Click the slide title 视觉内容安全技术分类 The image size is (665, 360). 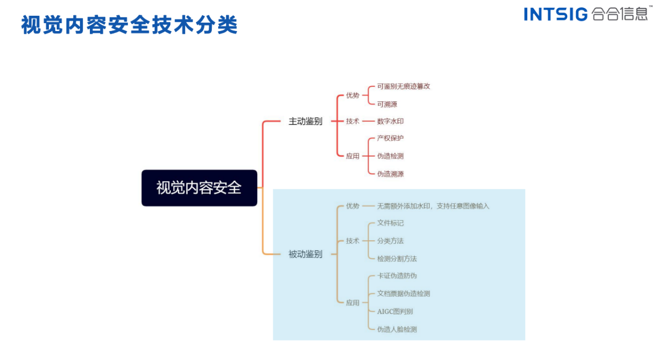tap(129, 25)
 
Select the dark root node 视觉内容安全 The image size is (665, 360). tap(199, 188)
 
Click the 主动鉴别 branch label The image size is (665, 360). tap(305, 121)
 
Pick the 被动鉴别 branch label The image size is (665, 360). tap(305, 254)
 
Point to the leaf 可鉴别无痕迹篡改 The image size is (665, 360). tap(403, 86)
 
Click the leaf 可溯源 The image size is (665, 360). tap(387, 104)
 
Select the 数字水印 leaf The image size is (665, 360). tap(390, 121)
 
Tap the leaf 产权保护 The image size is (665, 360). tap(390, 138)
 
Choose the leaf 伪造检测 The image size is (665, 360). tap(390, 156)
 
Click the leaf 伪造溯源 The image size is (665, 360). tap(390, 174)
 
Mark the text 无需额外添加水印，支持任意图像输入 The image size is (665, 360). tap(433, 206)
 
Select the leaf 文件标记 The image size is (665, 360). tap(390, 223)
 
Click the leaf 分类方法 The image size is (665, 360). tap(390, 241)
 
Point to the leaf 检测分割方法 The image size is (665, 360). tap(396, 259)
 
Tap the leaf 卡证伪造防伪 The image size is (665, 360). tap(396, 276)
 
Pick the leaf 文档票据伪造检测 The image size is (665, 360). tap(403, 294)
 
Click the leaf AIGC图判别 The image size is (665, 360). tap(395, 312)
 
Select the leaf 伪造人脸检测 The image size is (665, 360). tap(396, 330)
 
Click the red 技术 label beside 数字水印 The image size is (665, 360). tap(352, 121)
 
